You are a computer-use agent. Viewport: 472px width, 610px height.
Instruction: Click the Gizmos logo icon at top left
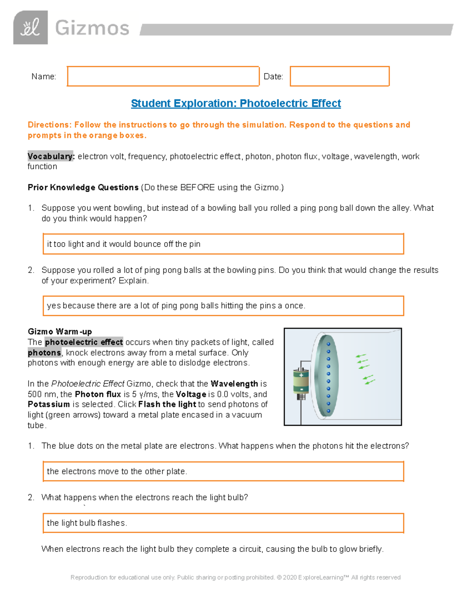(x=30, y=27)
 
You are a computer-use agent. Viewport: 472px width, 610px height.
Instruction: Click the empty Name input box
(x=163, y=76)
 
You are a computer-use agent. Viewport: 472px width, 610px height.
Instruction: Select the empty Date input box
(x=339, y=76)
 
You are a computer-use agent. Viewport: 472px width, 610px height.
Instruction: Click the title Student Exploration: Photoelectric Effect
(x=236, y=103)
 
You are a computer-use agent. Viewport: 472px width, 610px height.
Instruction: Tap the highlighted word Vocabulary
(x=51, y=156)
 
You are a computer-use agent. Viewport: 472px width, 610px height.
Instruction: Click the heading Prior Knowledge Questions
(x=83, y=187)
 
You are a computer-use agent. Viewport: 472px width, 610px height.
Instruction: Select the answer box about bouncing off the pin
(x=223, y=244)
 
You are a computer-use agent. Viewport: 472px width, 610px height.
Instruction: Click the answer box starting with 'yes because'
(x=223, y=306)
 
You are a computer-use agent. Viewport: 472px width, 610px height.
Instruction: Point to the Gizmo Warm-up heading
(x=60, y=332)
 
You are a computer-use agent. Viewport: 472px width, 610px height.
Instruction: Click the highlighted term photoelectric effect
(x=84, y=342)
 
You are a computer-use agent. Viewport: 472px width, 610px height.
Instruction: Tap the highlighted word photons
(x=44, y=353)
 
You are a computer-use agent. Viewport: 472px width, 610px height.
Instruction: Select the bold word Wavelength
(x=234, y=384)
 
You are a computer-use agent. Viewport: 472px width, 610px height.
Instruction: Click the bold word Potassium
(x=49, y=404)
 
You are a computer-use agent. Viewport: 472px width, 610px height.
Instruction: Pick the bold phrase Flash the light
(x=167, y=404)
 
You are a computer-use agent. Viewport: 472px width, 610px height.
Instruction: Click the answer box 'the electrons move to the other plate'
(x=223, y=471)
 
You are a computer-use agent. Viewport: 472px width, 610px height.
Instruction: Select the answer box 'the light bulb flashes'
(x=223, y=523)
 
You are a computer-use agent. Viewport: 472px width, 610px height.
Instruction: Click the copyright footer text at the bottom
(x=235, y=577)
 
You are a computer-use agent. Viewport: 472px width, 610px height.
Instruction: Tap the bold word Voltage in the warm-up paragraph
(x=191, y=394)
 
